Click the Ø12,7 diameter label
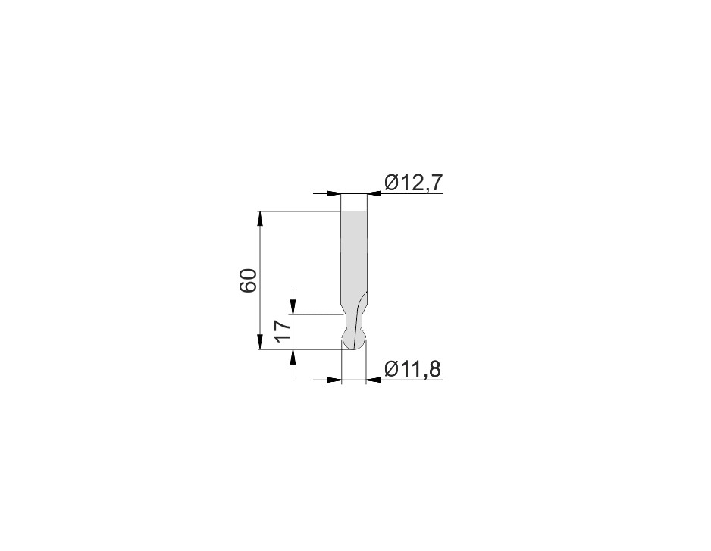point(412,183)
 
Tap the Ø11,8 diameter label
point(412,369)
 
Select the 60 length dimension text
point(249,280)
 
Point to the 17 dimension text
point(282,330)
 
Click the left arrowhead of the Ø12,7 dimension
point(334,193)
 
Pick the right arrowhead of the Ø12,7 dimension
point(374,193)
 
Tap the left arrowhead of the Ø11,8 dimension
point(334,380)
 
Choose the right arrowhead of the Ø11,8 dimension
point(373,380)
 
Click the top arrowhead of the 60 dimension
point(260,218)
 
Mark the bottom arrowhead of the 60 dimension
point(260,342)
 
